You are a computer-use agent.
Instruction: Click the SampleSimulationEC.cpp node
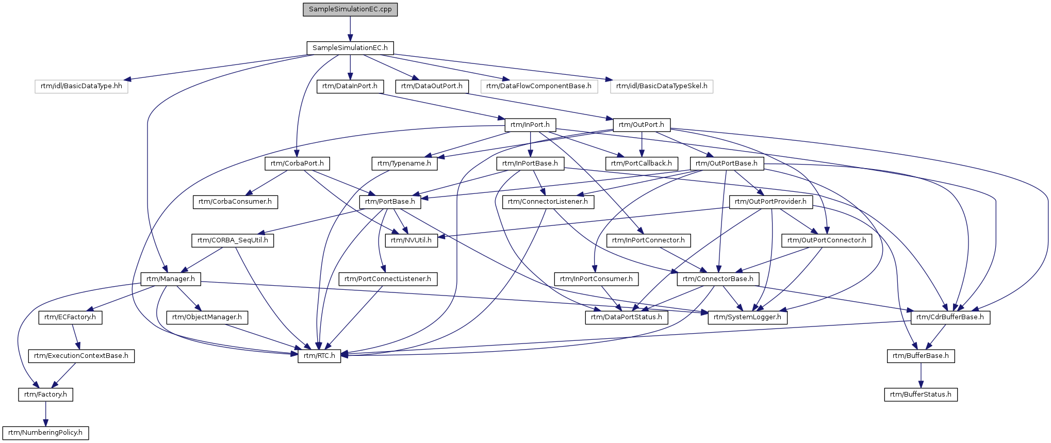[x=350, y=9]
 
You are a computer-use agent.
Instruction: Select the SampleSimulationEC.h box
[x=350, y=48]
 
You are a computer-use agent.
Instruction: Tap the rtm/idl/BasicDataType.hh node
[x=81, y=86]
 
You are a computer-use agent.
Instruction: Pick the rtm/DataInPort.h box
[x=350, y=86]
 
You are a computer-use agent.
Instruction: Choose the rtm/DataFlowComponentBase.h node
[x=539, y=86]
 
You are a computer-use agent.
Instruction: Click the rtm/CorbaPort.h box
[x=297, y=163]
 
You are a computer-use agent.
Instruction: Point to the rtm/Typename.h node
[x=404, y=163]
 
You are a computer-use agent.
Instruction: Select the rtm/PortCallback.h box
[x=642, y=163]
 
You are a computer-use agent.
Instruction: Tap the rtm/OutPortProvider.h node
[x=770, y=202]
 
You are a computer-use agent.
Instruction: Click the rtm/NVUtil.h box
[x=411, y=240]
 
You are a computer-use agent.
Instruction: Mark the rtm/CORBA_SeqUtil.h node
[x=233, y=240]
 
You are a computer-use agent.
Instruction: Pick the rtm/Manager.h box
[x=171, y=279]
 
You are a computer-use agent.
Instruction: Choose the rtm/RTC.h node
[x=319, y=356]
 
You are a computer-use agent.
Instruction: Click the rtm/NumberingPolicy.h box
[x=45, y=433]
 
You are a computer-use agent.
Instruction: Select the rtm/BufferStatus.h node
[x=921, y=395]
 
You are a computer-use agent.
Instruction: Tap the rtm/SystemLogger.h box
[x=747, y=317]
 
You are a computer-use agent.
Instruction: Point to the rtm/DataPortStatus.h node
[x=627, y=317]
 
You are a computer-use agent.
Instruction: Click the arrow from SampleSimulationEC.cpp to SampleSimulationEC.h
[x=350, y=29]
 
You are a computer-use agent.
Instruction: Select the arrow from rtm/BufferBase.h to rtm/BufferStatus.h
[x=921, y=375]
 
